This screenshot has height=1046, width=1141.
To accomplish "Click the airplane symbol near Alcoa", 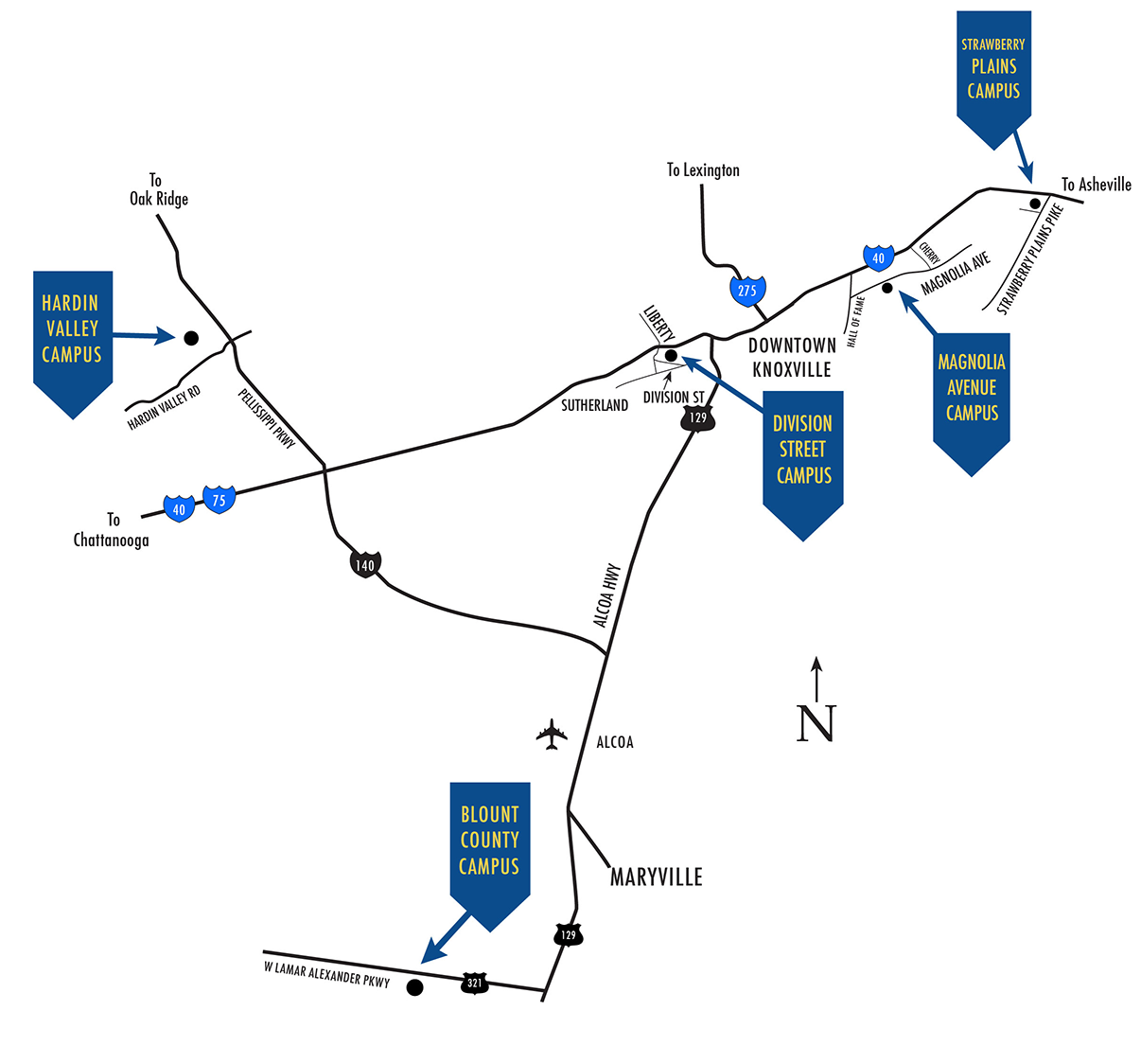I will click(x=551, y=734).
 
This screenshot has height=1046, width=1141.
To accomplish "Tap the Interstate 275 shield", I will click(x=747, y=290).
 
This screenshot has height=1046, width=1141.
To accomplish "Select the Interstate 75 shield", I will click(x=219, y=500).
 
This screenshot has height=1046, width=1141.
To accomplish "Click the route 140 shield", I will click(x=364, y=565).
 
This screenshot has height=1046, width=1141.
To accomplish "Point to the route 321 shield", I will click(x=475, y=983).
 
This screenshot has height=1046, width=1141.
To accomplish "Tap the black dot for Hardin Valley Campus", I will click(x=191, y=337).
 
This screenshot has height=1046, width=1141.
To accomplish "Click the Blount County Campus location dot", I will click(x=413, y=987).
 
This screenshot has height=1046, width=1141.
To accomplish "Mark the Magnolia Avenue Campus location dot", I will click(x=887, y=287).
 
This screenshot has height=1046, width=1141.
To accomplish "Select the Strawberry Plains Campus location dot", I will click(x=1035, y=204).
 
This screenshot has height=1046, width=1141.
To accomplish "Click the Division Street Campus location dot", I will click(x=671, y=355).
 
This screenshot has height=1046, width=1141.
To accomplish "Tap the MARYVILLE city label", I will click(x=657, y=878).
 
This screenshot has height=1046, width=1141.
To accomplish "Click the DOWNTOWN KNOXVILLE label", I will click(x=792, y=358).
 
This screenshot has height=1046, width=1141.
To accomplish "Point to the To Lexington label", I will click(x=703, y=170).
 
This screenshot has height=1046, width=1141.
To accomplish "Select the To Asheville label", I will click(x=1096, y=185).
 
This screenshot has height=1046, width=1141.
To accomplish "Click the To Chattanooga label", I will click(x=112, y=530).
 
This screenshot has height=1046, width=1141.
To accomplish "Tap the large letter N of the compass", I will click(x=816, y=723).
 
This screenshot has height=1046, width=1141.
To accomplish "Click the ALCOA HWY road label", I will click(x=606, y=595).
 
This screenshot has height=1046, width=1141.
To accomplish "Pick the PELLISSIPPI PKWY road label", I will click(x=267, y=417).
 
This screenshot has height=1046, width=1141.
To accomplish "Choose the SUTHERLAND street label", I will click(x=594, y=405).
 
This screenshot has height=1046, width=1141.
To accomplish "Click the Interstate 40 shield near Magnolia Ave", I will click(x=878, y=257).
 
